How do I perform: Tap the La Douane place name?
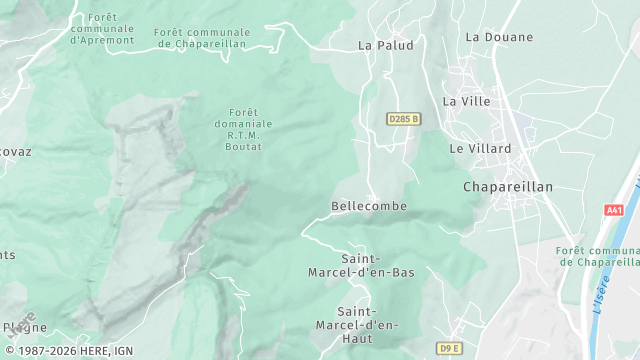click(493, 37)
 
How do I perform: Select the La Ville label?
click(465, 101)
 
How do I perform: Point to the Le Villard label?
click(480, 148)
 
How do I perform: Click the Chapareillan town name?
click(508, 187)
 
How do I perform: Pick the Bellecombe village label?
click(369, 206)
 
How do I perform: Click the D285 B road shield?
click(403, 119)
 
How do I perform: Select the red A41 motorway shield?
click(614, 210)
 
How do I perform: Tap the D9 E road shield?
click(450, 348)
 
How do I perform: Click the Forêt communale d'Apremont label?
click(103, 29)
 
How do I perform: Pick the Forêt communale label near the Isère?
click(599, 256)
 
